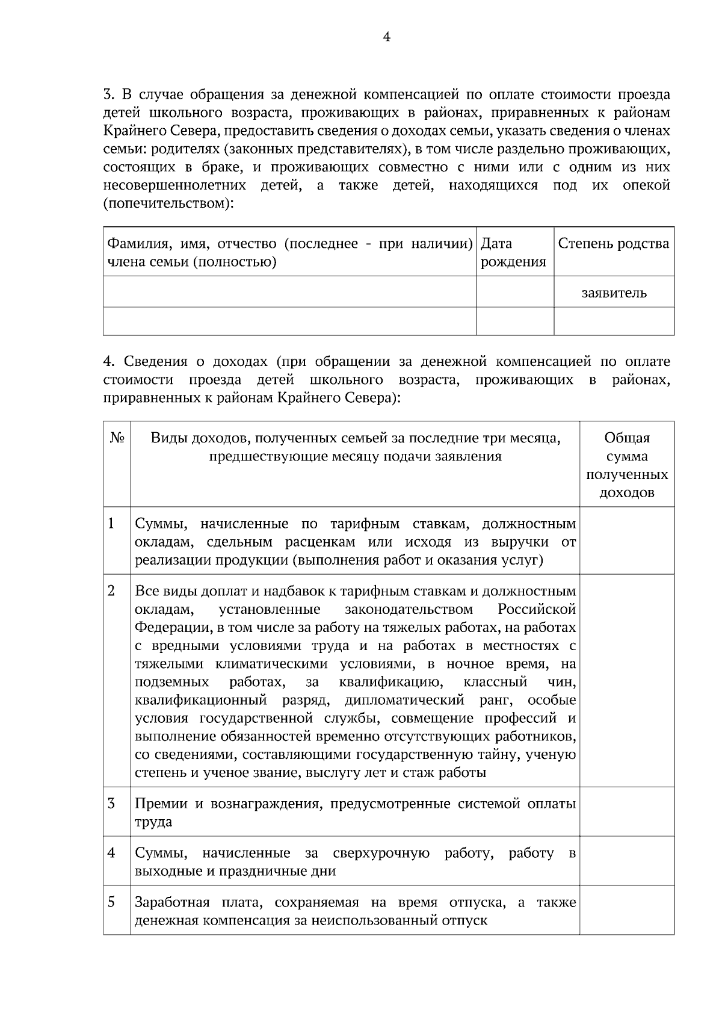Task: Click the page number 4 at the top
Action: (386, 37)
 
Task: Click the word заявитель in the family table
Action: (614, 293)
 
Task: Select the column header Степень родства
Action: (613, 244)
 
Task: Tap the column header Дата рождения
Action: (513, 252)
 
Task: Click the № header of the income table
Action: (117, 438)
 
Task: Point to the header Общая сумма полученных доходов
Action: (627, 465)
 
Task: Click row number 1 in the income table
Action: (111, 524)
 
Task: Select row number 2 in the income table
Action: (111, 590)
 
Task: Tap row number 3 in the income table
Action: (111, 804)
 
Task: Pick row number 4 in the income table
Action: (111, 853)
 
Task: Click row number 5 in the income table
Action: (111, 902)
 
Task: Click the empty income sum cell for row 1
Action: (627, 540)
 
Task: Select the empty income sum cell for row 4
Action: (627, 861)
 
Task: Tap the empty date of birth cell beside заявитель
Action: (515, 292)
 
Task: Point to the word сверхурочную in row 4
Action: (381, 853)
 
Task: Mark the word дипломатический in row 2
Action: (404, 700)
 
